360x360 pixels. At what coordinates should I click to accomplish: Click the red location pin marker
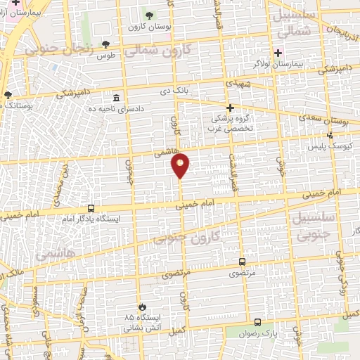click(181, 166)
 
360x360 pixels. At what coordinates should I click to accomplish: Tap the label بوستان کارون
click(146, 27)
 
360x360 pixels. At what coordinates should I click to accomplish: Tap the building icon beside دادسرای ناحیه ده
click(115, 98)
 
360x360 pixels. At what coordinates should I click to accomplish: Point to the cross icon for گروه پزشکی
click(230, 108)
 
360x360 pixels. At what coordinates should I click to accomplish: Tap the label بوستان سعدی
click(329, 122)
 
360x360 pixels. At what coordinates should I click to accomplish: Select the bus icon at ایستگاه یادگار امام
click(91, 208)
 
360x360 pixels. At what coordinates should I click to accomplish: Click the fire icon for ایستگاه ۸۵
click(140, 307)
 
